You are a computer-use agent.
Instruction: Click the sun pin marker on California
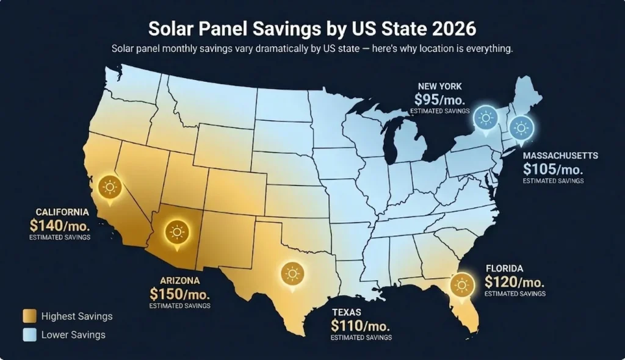tap(110, 186)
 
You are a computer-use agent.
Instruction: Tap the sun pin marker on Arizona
tap(177, 232)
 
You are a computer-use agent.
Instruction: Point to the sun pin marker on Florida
tap(462, 285)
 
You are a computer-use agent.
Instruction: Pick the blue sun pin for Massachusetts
tap(521, 128)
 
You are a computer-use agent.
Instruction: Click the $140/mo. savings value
tap(60, 225)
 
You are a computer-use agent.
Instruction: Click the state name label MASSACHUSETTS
tap(560, 156)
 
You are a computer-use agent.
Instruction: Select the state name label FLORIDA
tap(504, 268)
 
